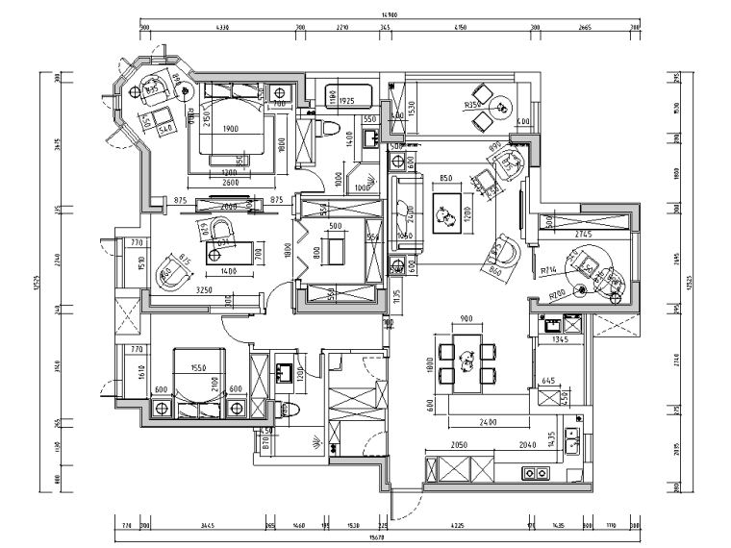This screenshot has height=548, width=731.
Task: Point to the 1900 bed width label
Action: (x=231, y=129)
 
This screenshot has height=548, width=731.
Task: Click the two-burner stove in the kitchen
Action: (x=535, y=473)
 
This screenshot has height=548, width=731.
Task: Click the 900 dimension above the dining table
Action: (x=466, y=319)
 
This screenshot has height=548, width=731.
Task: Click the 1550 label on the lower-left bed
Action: (x=198, y=368)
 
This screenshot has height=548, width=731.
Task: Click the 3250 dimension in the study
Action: (x=204, y=288)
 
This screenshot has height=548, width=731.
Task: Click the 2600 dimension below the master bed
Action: (x=231, y=182)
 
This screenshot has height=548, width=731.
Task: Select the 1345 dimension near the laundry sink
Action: (x=563, y=339)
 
